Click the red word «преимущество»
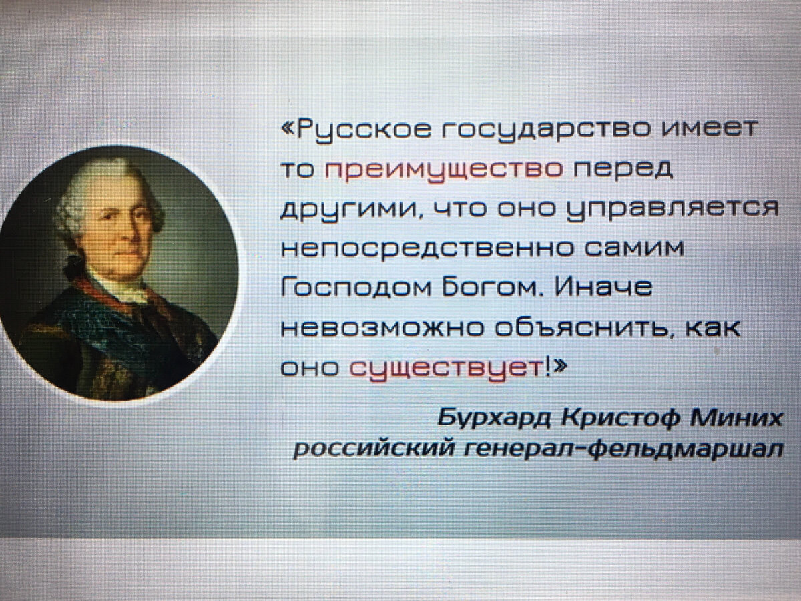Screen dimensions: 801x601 pyautogui.click(x=443, y=171)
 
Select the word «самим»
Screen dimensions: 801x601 pyautogui.click(x=634, y=247)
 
